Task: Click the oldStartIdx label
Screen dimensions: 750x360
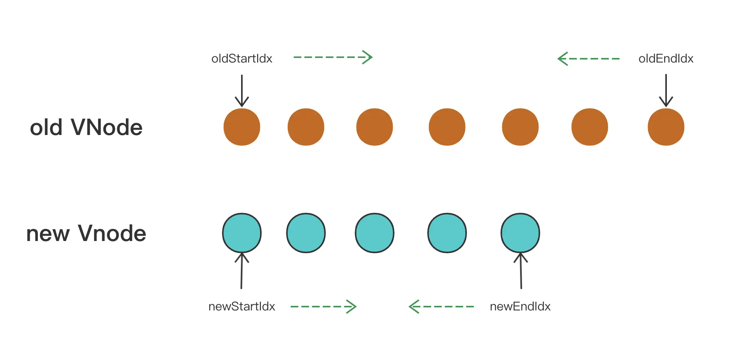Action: coord(242,59)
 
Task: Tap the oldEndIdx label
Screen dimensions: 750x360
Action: coord(666,59)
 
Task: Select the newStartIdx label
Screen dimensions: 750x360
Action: coord(241,307)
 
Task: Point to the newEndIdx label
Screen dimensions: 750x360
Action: coord(520,307)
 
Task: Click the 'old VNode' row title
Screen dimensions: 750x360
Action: coord(86,127)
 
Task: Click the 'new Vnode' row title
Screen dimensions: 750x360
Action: coord(86,233)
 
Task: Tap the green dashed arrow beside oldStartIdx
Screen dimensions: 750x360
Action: coord(333,57)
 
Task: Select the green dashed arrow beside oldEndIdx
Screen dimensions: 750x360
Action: coord(589,59)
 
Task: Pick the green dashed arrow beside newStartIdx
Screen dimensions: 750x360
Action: coord(323,307)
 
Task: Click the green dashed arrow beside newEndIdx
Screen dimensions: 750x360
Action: coord(441,307)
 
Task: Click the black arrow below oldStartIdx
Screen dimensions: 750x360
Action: coord(242,91)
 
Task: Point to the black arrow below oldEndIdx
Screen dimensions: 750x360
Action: coord(666,91)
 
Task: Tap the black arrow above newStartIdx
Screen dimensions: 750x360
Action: coord(241,271)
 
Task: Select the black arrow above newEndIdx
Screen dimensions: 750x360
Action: coord(521,271)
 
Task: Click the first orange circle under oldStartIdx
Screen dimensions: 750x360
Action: coord(242,127)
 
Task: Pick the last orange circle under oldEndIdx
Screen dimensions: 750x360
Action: coord(666,127)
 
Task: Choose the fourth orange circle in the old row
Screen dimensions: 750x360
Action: coord(447,127)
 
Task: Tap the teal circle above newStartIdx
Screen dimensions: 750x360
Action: coord(242,233)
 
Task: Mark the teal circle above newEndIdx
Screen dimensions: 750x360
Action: coord(520,233)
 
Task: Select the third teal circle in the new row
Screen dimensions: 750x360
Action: coord(375,233)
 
